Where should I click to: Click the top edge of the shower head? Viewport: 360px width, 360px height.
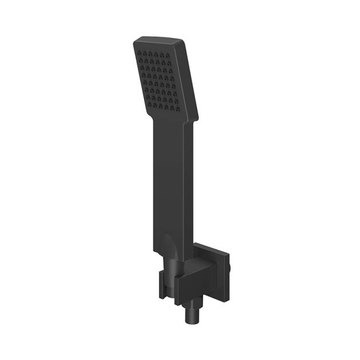[166, 40]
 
